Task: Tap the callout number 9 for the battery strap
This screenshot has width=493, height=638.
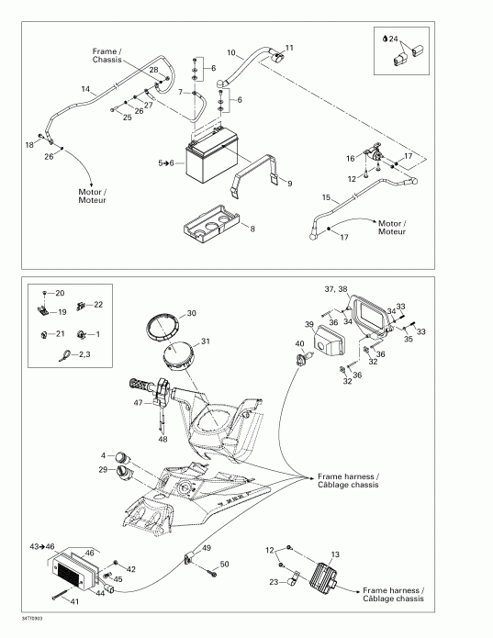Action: (x=289, y=184)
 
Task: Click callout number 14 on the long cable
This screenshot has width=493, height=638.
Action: (x=85, y=89)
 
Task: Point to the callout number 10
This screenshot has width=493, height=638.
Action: (x=230, y=53)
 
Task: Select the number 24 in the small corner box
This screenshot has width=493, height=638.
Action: (x=394, y=39)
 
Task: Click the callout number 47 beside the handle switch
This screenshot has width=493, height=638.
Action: (x=137, y=403)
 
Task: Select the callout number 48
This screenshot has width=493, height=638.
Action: (x=164, y=439)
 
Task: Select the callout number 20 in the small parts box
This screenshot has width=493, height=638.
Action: (x=61, y=293)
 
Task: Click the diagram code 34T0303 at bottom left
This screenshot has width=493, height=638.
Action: (x=16, y=619)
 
